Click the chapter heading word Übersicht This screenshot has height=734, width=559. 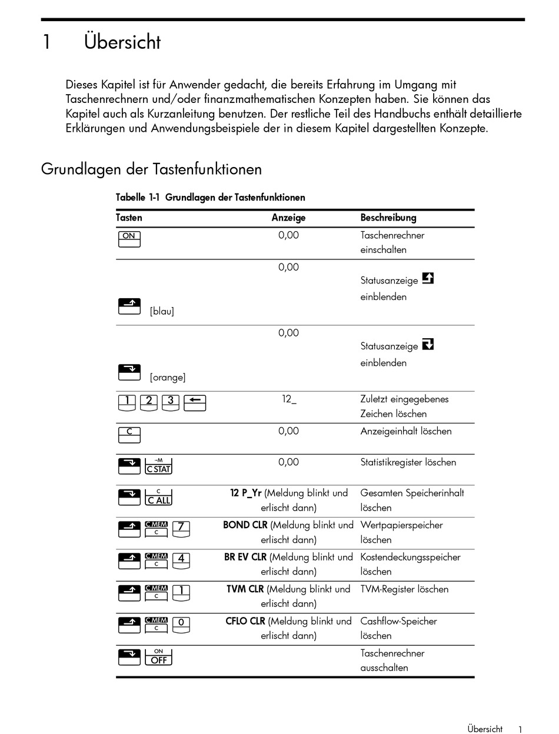tap(122, 43)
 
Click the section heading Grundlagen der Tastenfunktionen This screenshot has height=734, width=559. tap(151, 169)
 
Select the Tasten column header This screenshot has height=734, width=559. tap(129, 218)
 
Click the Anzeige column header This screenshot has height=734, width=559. tap(288, 218)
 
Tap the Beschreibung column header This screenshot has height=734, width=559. tap(388, 218)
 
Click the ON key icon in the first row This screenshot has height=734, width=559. tap(129, 238)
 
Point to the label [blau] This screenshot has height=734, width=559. tap(162, 311)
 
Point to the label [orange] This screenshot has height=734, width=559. tap(168, 377)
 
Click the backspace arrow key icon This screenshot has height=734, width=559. tap(195, 402)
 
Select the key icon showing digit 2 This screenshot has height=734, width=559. tap(149, 402)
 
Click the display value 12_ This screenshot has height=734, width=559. tap(289, 399)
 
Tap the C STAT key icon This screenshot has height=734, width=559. tap(158, 466)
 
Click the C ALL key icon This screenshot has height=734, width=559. tap(158, 497)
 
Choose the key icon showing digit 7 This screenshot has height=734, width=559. tap(181, 529)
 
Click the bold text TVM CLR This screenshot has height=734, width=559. tap(245, 589)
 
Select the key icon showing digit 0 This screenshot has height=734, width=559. tap(181, 625)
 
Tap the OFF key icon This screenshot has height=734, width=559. tap(158, 656)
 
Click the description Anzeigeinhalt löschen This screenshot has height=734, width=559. tap(406, 431)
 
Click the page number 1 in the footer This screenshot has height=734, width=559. tap(520, 729)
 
